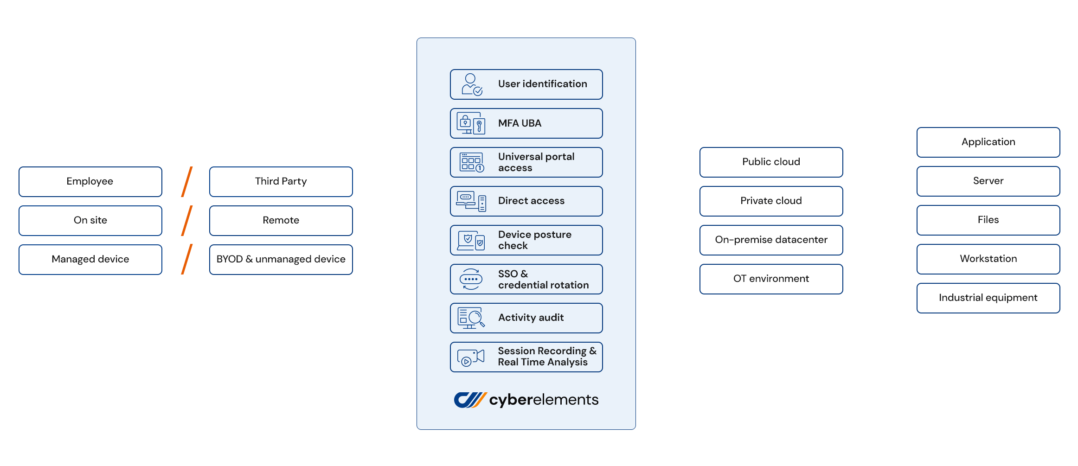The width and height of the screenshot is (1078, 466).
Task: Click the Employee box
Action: point(90,181)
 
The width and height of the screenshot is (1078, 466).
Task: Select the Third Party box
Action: point(281,181)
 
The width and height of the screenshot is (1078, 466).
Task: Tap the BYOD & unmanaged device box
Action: point(281,259)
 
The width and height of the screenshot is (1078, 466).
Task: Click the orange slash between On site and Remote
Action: point(186,221)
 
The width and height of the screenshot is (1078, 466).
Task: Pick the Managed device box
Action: point(90,259)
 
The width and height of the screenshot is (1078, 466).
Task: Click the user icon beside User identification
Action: point(471,84)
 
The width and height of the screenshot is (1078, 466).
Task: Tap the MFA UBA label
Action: point(520,123)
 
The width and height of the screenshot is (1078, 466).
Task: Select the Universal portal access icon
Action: point(471,162)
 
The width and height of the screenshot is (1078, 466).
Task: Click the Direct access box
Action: point(526,201)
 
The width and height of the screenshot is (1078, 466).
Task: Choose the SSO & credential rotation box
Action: point(526,279)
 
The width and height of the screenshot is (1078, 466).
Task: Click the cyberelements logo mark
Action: point(469,400)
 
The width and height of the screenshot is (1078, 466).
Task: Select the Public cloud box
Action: point(771,162)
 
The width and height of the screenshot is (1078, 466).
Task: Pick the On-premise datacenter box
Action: point(771,240)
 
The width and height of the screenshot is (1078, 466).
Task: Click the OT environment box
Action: point(771,279)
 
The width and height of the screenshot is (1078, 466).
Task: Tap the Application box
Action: point(988,142)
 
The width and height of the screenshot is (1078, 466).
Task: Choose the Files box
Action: point(988,220)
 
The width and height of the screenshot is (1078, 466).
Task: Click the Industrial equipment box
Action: point(988,298)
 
